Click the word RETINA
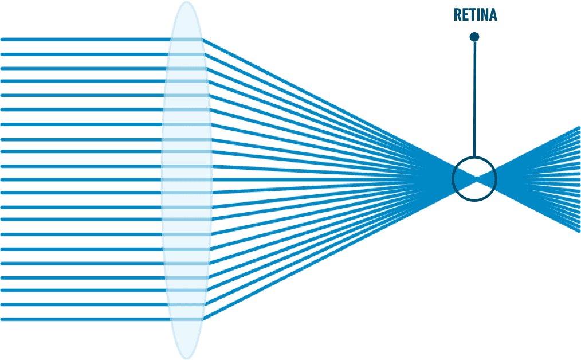point(476,15)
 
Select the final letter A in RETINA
point(493,15)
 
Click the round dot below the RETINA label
point(474,37)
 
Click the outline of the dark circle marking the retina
point(453,179)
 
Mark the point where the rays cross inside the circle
point(476,179)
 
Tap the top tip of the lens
point(187,2)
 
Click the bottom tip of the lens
point(187,358)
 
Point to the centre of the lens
point(187,180)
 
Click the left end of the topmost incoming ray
point(2,39)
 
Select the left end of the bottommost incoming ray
point(2,319)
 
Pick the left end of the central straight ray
point(2,180)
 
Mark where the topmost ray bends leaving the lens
point(203,39)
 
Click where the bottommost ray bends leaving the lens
point(203,319)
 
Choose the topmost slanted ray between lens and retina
point(339,109)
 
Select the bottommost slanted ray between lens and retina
point(339,249)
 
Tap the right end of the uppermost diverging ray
point(579,127)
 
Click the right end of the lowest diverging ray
point(579,232)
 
